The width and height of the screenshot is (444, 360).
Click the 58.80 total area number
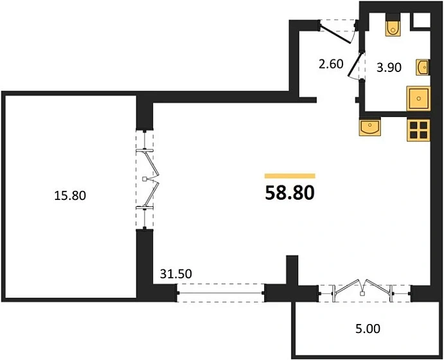click(x=290, y=193)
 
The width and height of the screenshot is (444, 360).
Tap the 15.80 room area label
click(x=70, y=195)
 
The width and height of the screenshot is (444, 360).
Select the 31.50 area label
click(x=176, y=274)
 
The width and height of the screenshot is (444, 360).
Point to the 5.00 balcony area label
click(x=368, y=328)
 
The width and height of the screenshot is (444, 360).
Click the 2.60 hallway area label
click(x=331, y=64)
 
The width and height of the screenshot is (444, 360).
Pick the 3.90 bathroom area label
click(x=389, y=67)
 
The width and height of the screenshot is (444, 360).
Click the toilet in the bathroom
click(x=393, y=24)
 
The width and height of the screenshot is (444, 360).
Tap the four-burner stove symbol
click(x=418, y=130)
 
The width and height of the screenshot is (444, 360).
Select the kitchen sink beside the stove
click(x=370, y=127)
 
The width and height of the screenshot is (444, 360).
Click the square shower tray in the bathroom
click(x=418, y=98)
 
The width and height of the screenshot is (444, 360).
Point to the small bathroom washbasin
click(x=423, y=67)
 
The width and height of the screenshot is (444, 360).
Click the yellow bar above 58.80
click(x=290, y=176)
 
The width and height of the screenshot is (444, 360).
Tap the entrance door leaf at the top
click(x=335, y=34)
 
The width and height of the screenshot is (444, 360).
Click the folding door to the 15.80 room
click(x=145, y=179)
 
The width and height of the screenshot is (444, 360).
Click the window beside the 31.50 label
click(x=220, y=293)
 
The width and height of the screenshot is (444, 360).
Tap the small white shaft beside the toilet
click(x=422, y=20)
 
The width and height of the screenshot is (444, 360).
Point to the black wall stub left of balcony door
click(x=292, y=270)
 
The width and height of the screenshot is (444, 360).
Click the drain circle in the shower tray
click(x=419, y=98)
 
